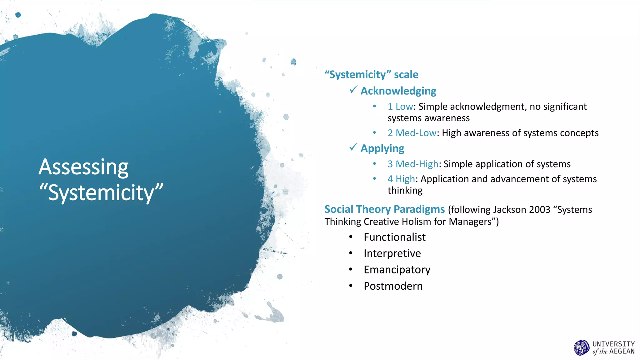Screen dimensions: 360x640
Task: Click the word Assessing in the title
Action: point(83,167)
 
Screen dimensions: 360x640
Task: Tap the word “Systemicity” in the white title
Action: point(101,192)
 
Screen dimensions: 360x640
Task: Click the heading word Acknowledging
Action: point(398,91)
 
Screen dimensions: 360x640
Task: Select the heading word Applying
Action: point(382,148)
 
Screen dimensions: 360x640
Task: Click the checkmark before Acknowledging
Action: point(353,90)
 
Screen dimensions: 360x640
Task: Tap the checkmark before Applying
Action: point(353,147)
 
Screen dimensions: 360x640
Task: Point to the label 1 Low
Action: point(400,107)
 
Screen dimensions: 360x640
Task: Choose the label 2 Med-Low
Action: point(412,133)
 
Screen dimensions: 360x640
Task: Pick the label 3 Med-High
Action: point(413,164)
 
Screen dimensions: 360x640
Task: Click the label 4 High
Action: point(401,179)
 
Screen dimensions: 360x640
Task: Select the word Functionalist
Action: point(394,237)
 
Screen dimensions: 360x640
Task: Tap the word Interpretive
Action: point(392,253)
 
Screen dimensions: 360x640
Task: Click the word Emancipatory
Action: point(397,270)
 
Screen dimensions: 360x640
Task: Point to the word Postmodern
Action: point(393,286)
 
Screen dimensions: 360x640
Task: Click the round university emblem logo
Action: point(582,348)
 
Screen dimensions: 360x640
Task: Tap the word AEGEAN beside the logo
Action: point(622,352)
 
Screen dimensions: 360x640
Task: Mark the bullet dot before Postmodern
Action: point(351,286)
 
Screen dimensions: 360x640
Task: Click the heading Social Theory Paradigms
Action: point(384,209)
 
